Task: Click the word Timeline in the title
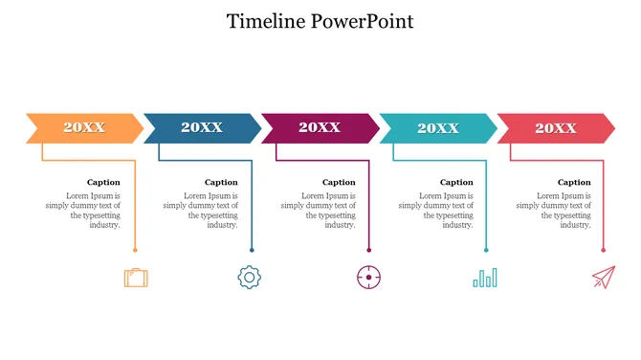(x=267, y=21)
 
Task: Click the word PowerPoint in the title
(x=363, y=21)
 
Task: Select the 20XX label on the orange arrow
(x=84, y=127)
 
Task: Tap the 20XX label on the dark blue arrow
(x=202, y=127)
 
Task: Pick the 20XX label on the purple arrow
(x=320, y=127)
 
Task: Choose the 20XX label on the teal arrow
(x=437, y=127)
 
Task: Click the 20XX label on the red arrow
(x=555, y=127)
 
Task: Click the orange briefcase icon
(x=136, y=278)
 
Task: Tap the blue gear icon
(x=249, y=278)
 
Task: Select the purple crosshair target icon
(x=368, y=278)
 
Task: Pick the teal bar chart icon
(x=485, y=278)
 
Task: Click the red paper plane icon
(x=603, y=278)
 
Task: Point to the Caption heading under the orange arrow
(x=103, y=182)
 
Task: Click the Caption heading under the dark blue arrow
(x=221, y=182)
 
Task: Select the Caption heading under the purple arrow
(x=339, y=182)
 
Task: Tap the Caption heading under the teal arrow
(x=456, y=182)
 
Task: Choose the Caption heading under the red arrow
(x=574, y=182)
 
